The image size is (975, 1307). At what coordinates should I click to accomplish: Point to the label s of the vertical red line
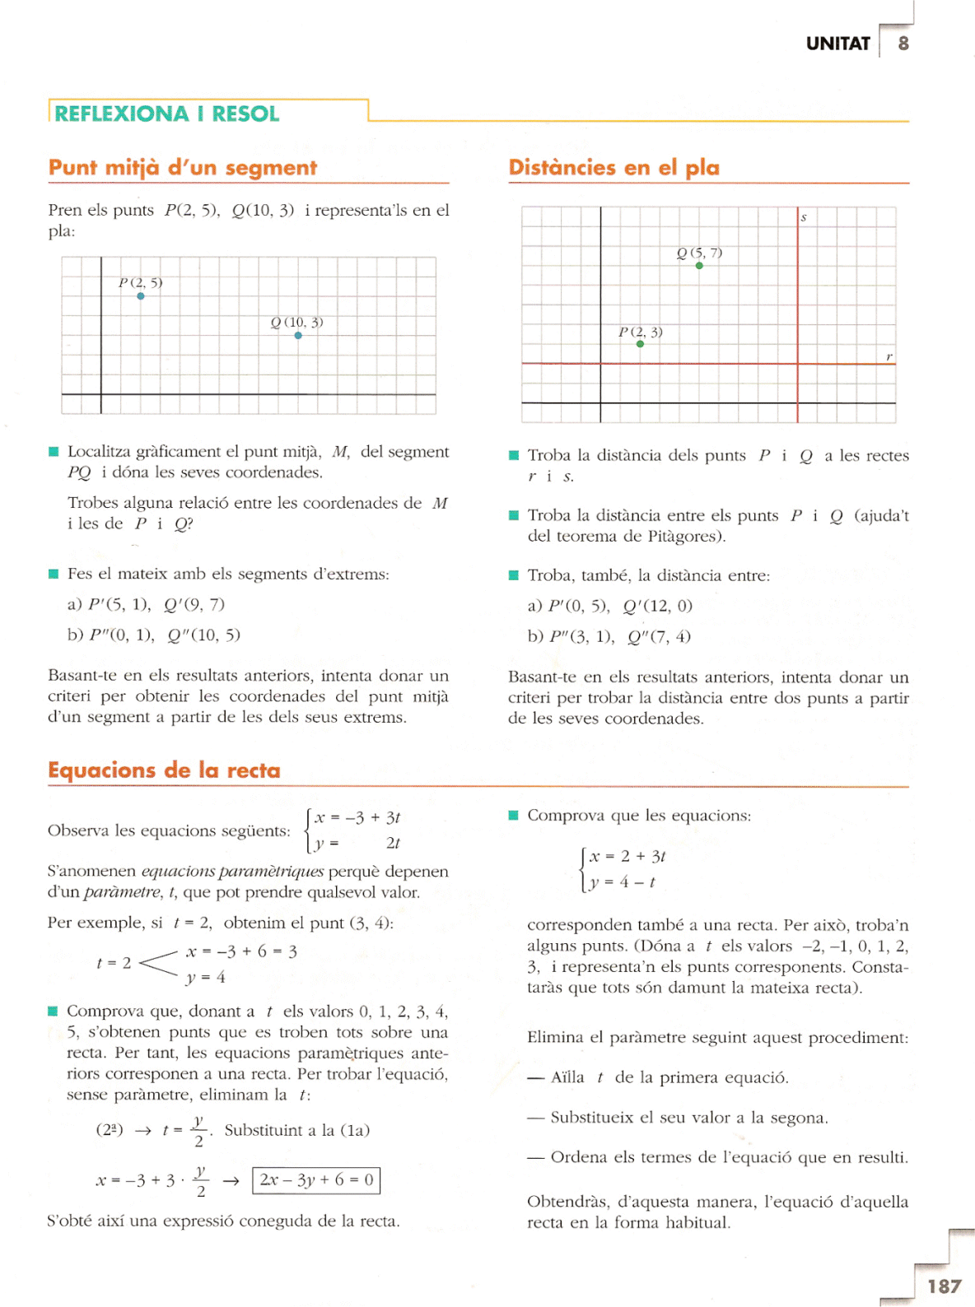click(804, 218)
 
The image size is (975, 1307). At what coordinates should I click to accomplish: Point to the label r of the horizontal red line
click(889, 356)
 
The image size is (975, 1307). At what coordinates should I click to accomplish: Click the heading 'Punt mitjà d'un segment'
click(182, 168)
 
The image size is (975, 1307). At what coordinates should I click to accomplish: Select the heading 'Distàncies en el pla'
click(613, 168)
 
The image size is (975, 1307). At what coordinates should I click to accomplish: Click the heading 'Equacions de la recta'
click(164, 770)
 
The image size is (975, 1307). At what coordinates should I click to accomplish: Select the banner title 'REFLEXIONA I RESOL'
click(167, 114)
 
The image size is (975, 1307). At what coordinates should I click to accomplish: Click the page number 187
click(944, 1286)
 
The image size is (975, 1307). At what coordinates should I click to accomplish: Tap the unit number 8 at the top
click(903, 44)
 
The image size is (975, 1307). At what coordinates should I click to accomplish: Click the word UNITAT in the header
click(837, 44)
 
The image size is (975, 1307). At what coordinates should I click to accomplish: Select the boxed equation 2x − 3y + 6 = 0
click(316, 1179)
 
